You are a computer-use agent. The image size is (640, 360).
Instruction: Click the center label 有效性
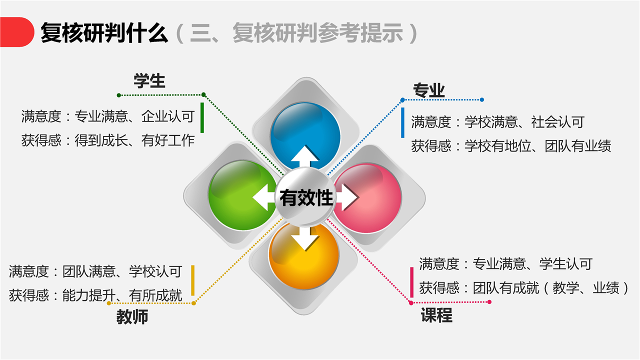tap(306, 197)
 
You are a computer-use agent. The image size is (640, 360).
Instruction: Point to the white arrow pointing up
tap(305, 156)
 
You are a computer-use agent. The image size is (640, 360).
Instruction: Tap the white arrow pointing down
tap(305, 238)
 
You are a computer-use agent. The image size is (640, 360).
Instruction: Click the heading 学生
tap(149, 81)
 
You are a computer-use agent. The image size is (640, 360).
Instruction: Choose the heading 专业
tap(429, 90)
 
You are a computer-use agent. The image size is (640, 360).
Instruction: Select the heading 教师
tap(132, 317)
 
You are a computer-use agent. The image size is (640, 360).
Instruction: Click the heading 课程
tap(436, 315)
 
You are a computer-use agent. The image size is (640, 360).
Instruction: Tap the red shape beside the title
tap(17, 32)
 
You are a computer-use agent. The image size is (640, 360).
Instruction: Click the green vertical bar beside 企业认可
tap(202, 117)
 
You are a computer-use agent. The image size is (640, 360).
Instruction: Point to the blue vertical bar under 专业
tap(402, 123)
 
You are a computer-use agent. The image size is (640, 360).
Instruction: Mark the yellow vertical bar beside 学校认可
tap(193, 280)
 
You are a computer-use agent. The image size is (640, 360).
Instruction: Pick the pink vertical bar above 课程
tap(411, 282)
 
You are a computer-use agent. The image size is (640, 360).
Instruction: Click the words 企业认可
tap(168, 116)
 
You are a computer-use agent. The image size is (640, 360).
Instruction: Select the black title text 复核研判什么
tap(104, 33)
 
